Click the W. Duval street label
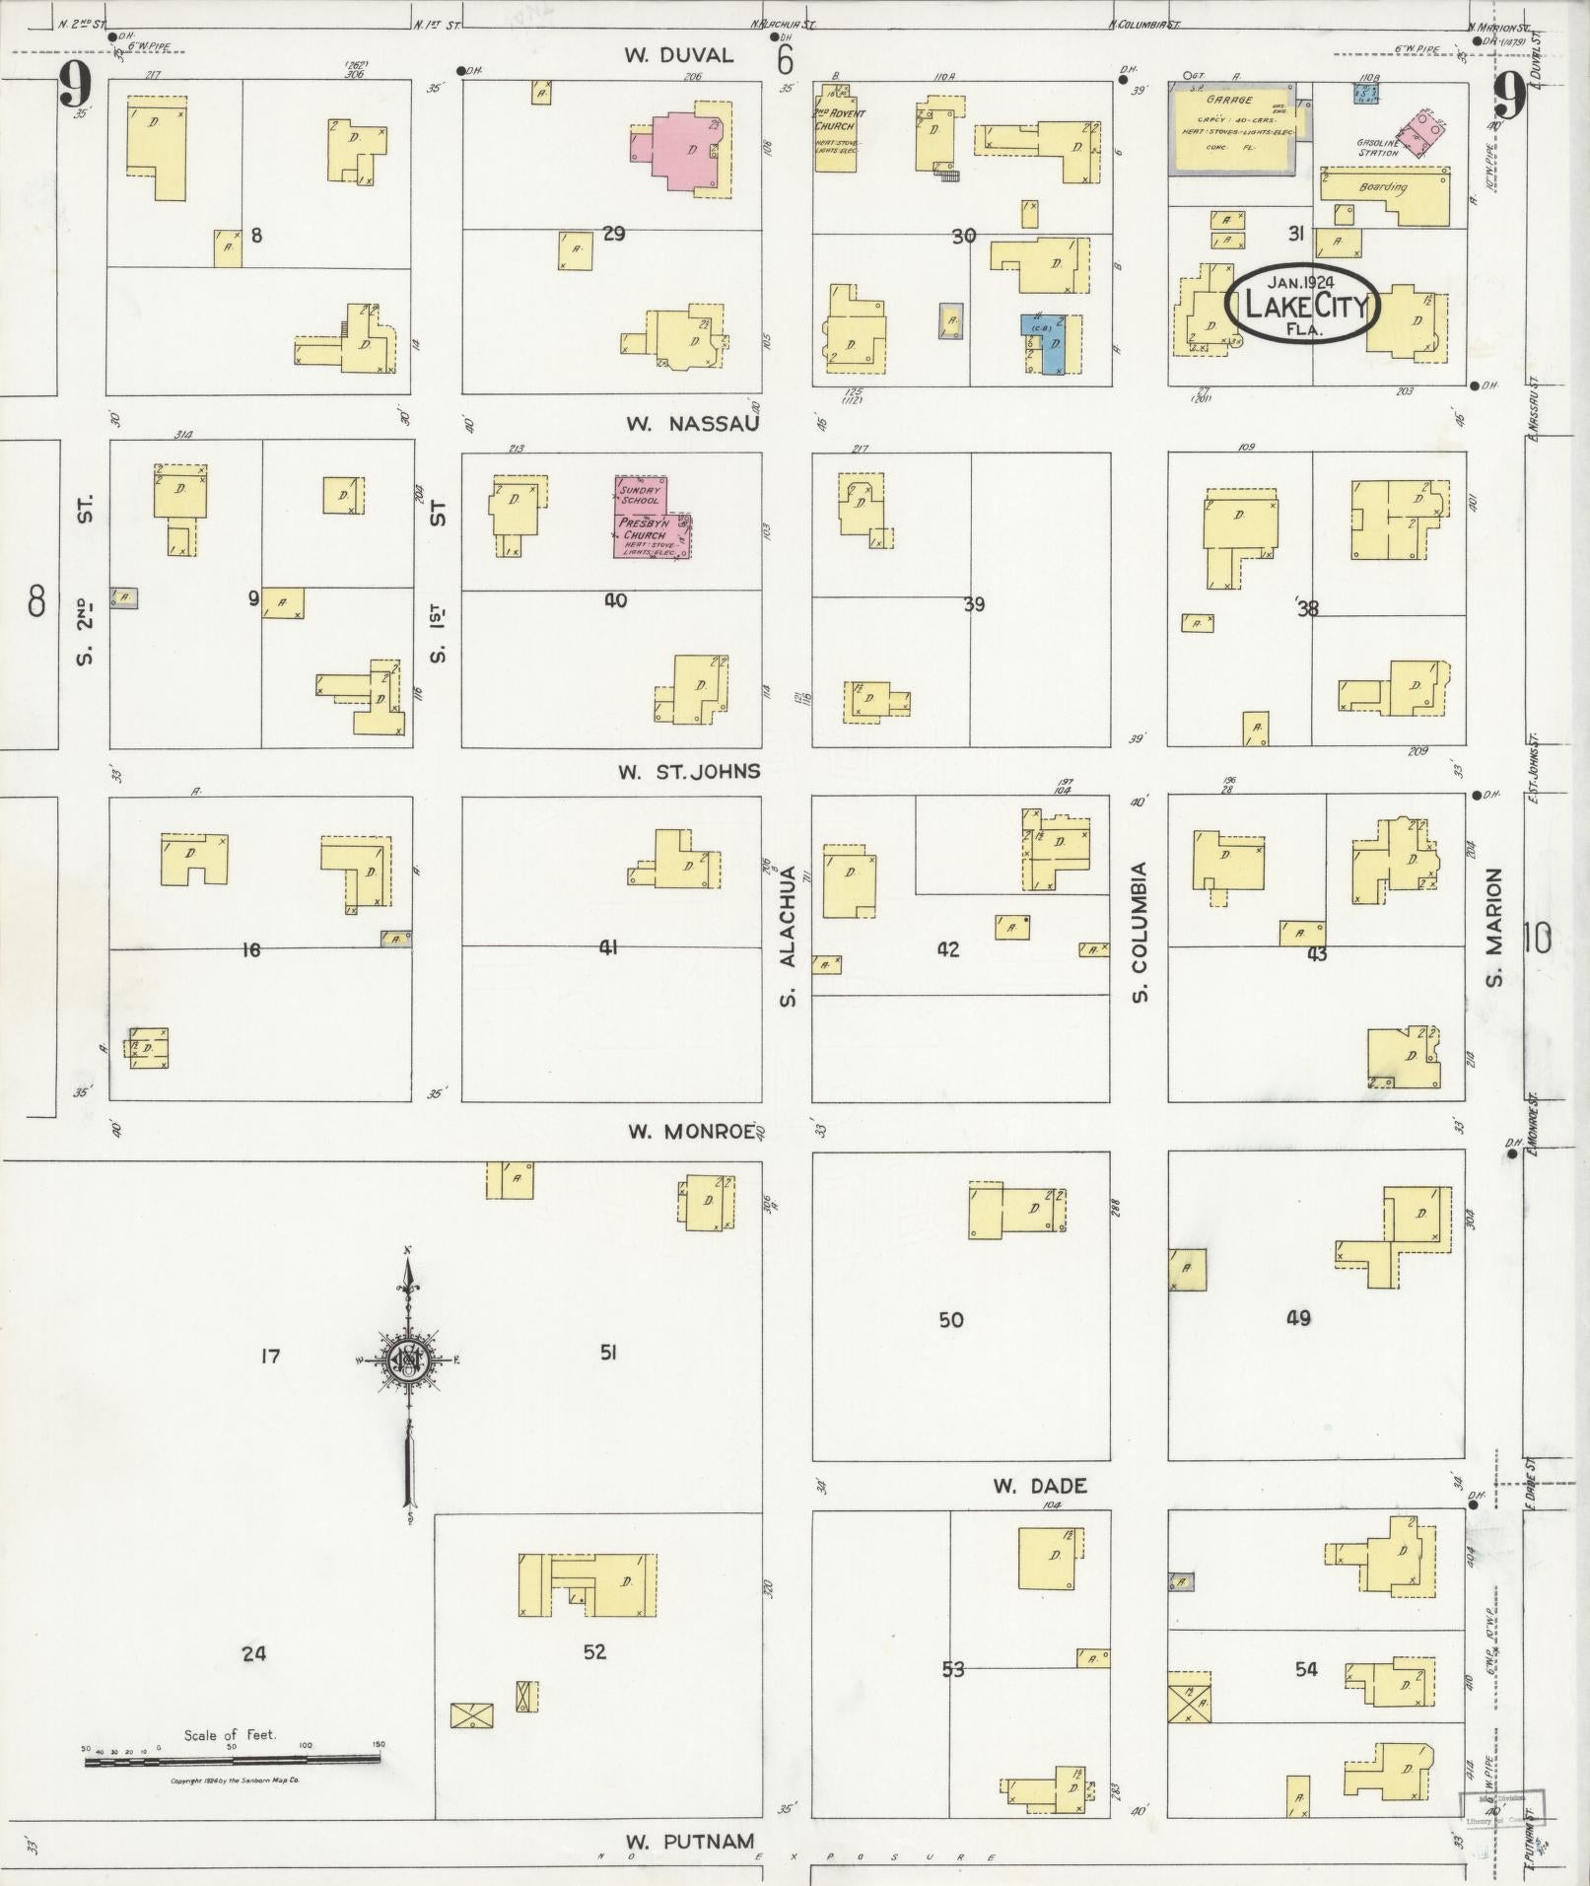click(x=678, y=55)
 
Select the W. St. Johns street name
click(x=689, y=771)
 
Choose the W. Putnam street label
click(x=690, y=1841)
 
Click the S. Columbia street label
click(x=1140, y=932)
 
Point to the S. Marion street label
click(x=1493, y=927)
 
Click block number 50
click(x=950, y=1319)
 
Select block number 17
click(x=269, y=1357)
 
